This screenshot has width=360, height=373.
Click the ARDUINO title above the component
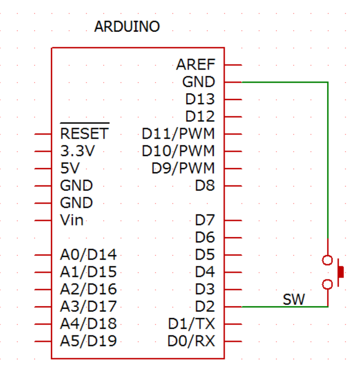point(127,27)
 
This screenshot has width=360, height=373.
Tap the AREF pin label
point(195,65)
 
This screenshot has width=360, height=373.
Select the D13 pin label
point(200,100)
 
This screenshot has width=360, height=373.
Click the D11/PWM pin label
point(178,134)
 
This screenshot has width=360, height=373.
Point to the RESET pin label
point(84,133)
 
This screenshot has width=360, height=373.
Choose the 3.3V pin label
point(77,151)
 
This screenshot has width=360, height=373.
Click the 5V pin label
point(70,168)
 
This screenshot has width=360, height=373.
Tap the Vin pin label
point(72,220)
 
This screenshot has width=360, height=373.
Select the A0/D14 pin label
point(88,255)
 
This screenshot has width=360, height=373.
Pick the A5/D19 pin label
point(88,341)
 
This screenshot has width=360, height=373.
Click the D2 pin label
point(205,307)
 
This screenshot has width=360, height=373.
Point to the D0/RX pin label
point(191,341)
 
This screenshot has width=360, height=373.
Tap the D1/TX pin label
point(191,324)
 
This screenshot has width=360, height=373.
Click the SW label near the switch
point(294,300)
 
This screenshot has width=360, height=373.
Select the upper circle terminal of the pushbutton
point(327,260)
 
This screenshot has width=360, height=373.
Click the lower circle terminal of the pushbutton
point(327,285)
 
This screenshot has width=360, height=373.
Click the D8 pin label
point(205,186)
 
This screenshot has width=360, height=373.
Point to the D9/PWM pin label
point(183,168)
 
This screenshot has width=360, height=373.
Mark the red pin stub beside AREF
point(233,65)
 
